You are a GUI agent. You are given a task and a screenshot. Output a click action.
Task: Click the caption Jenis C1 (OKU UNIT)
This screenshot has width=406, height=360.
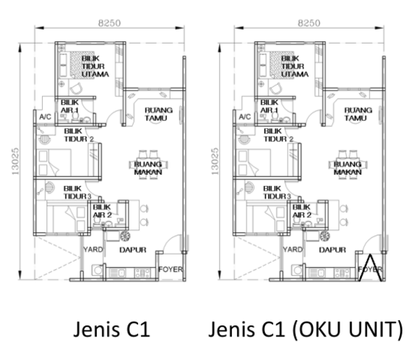[x=306, y=328]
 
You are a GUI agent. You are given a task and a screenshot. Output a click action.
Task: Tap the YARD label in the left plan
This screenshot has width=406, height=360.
[x=92, y=249]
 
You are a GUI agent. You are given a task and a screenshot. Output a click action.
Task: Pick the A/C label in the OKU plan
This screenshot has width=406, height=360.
[x=245, y=117]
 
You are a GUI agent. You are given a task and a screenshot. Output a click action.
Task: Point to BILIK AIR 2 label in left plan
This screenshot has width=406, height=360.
[x=102, y=212]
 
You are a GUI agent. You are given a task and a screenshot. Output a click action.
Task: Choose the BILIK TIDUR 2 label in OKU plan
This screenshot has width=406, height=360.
[x=276, y=134]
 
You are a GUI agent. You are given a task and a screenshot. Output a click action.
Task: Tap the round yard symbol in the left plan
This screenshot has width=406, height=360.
[x=127, y=237]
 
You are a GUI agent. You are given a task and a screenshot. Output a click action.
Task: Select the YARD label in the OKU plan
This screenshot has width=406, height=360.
[x=294, y=249]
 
